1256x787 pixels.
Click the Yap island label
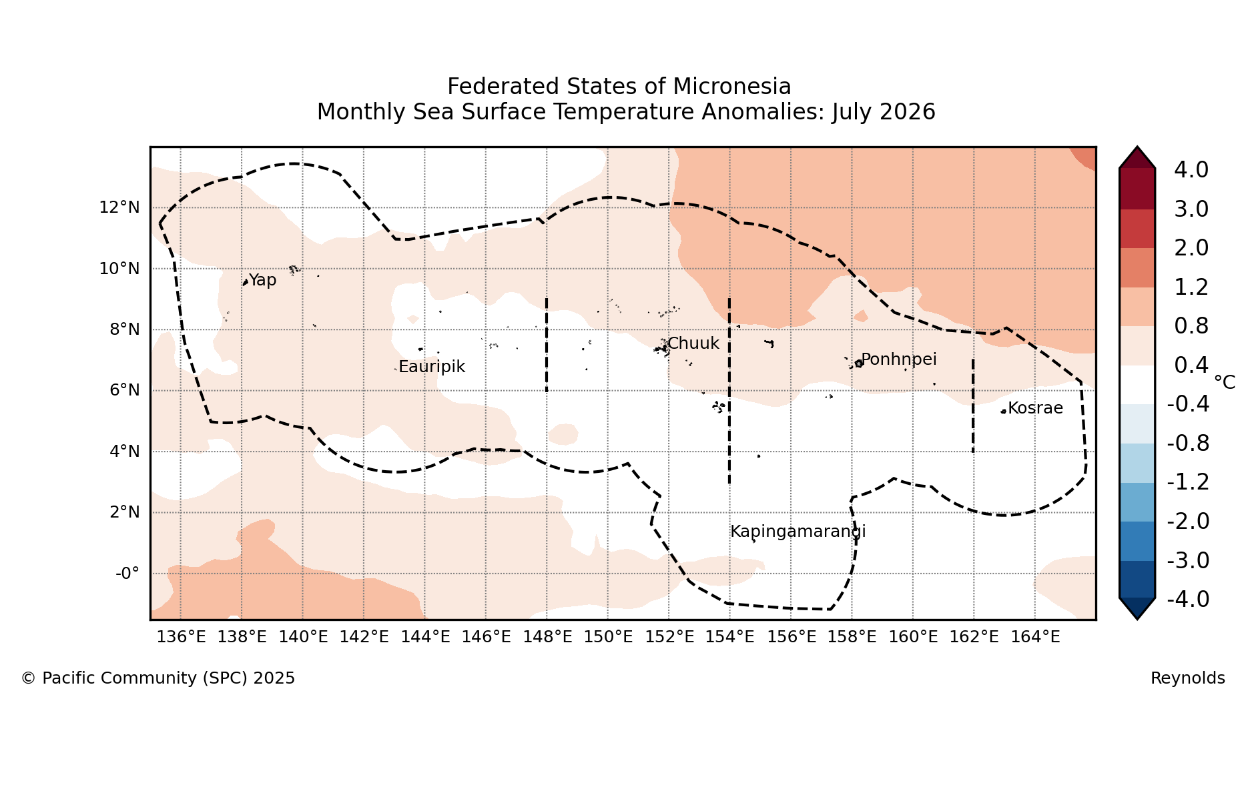click(x=262, y=281)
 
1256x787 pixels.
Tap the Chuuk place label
click(x=693, y=343)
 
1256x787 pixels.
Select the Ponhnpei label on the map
click(x=899, y=359)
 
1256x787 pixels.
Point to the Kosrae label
click(x=1035, y=408)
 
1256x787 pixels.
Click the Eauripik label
click(x=432, y=367)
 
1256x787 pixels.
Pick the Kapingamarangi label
click(x=798, y=532)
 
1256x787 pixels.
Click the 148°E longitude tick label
click(x=547, y=637)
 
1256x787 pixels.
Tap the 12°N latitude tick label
click(x=119, y=207)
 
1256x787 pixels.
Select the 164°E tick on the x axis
click(x=1035, y=637)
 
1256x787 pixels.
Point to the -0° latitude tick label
click(x=127, y=574)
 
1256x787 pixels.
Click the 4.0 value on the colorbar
click(x=1191, y=170)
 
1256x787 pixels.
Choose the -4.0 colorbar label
click(x=1188, y=600)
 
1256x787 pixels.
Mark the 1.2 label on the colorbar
click(x=1191, y=287)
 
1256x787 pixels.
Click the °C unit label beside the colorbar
click(x=1225, y=382)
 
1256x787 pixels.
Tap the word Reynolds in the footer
click(x=1188, y=678)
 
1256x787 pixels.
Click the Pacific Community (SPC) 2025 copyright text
click(x=158, y=678)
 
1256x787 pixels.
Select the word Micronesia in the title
click(x=732, y=87)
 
